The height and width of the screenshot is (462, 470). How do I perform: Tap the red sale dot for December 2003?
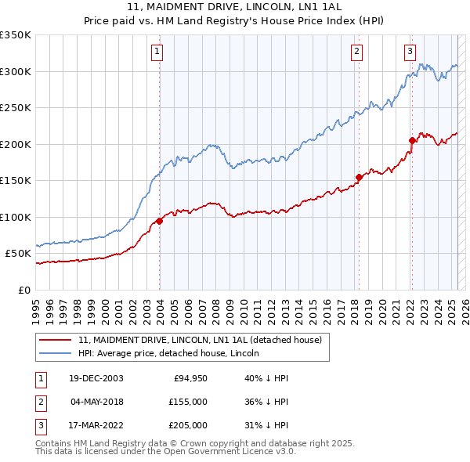pyautogui.click(x=159, y=221)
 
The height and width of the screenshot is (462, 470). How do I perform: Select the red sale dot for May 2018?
pyautogui.click(x=359, y=177)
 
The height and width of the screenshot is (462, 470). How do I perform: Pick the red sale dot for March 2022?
pyautogui.click(x=412, y=141)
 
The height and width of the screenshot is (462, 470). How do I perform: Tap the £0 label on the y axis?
pyautogui.click(x=24, y=290)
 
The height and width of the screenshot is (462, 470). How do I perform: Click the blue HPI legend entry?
pyautogui.click(x=173, y=353)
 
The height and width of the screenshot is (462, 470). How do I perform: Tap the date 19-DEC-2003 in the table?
pyautogui.click(x=96, y=379)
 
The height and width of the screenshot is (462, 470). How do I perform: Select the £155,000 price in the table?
pyautogui.click(x=188, y=402)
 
